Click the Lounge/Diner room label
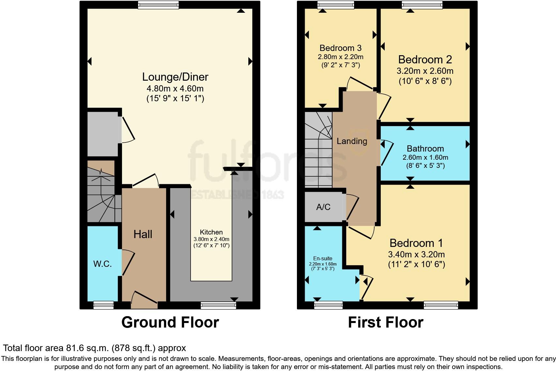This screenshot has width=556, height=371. click(175, 77)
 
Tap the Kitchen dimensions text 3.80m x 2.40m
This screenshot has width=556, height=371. click(211, 239)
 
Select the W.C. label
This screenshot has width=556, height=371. click(102, 264)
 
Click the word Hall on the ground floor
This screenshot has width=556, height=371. click(143, 234)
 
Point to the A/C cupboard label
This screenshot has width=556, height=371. click(323, 207)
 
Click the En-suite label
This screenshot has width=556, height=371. click(323, 259)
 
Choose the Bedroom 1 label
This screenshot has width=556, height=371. click(416, 243)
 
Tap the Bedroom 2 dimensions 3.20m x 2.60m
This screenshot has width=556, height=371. click(425, 71)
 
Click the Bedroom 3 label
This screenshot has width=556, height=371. click(340, 48)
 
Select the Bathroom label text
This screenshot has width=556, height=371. click(425, 149)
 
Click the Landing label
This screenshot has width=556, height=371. click(352, 141)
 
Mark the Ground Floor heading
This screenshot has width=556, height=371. click(170, 322)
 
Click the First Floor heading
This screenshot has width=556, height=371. click(385, 322)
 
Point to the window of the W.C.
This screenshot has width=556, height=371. click(103, 305)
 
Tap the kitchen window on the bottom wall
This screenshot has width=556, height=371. click(218, 305)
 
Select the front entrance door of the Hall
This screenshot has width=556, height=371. click(144, 300)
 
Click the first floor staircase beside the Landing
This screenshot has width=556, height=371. click(318, 150)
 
